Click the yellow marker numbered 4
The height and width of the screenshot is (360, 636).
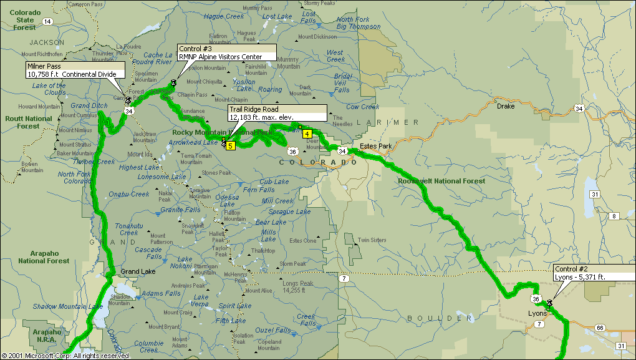tap(307, 133)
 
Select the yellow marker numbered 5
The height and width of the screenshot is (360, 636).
tap(230, 146)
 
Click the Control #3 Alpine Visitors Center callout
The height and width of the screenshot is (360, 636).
tap(226, 52)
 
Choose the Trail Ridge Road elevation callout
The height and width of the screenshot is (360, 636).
tap(276, 113)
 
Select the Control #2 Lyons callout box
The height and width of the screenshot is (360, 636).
tap(593, 273)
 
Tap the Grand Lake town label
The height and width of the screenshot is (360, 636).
tap(138, 272)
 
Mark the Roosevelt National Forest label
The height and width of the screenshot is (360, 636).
tap(441, 181)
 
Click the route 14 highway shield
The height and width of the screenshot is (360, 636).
tap(47, 21)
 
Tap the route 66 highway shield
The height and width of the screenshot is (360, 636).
tap(600, 328)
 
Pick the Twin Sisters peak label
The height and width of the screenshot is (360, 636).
tap(372, 240)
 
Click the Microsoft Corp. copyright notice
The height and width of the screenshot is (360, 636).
tap(65, 356)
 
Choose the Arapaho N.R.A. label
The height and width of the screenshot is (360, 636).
tap(47, 336)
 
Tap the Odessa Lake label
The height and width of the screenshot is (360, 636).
tap(227, 200)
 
